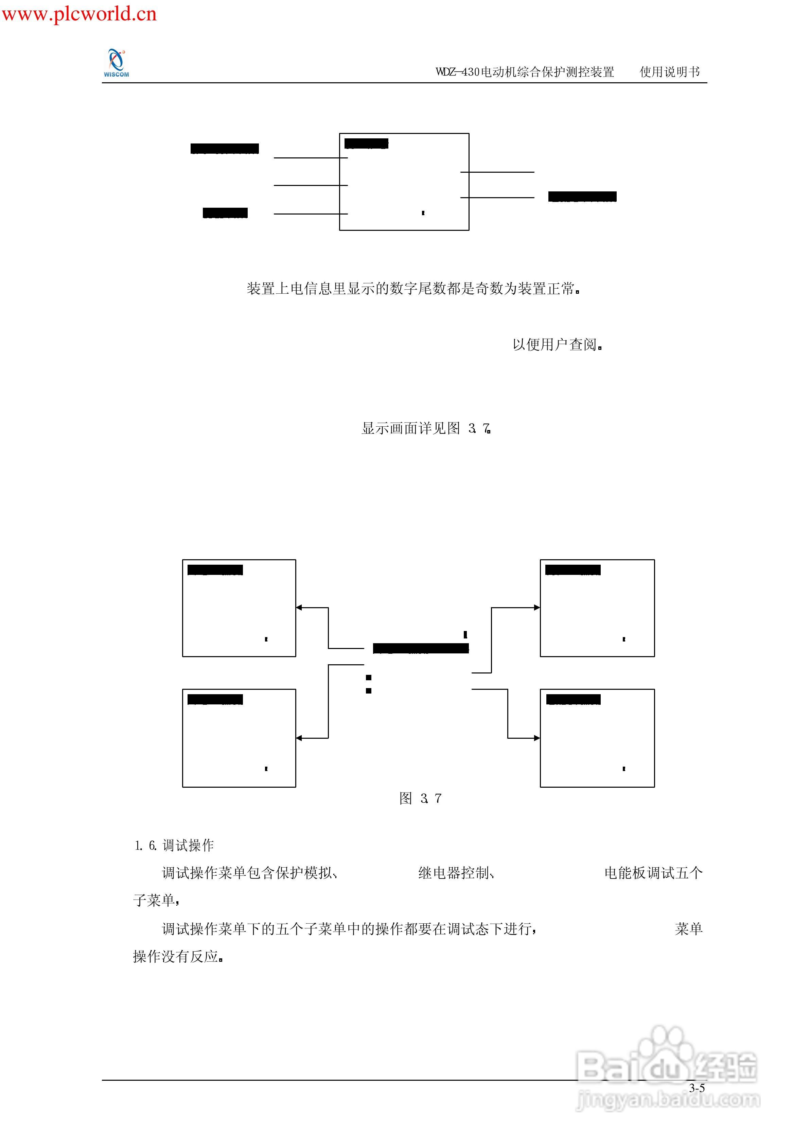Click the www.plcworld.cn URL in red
point(79,14)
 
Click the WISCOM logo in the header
point(116,63)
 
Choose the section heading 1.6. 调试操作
point(174,845)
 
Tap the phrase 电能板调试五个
point(653,873)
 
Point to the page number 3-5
point(697,1088)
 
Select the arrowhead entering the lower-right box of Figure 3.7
point(537,738)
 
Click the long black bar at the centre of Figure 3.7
point(421,648)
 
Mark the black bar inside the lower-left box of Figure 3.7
point(215,699)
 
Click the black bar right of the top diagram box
point(582,196)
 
